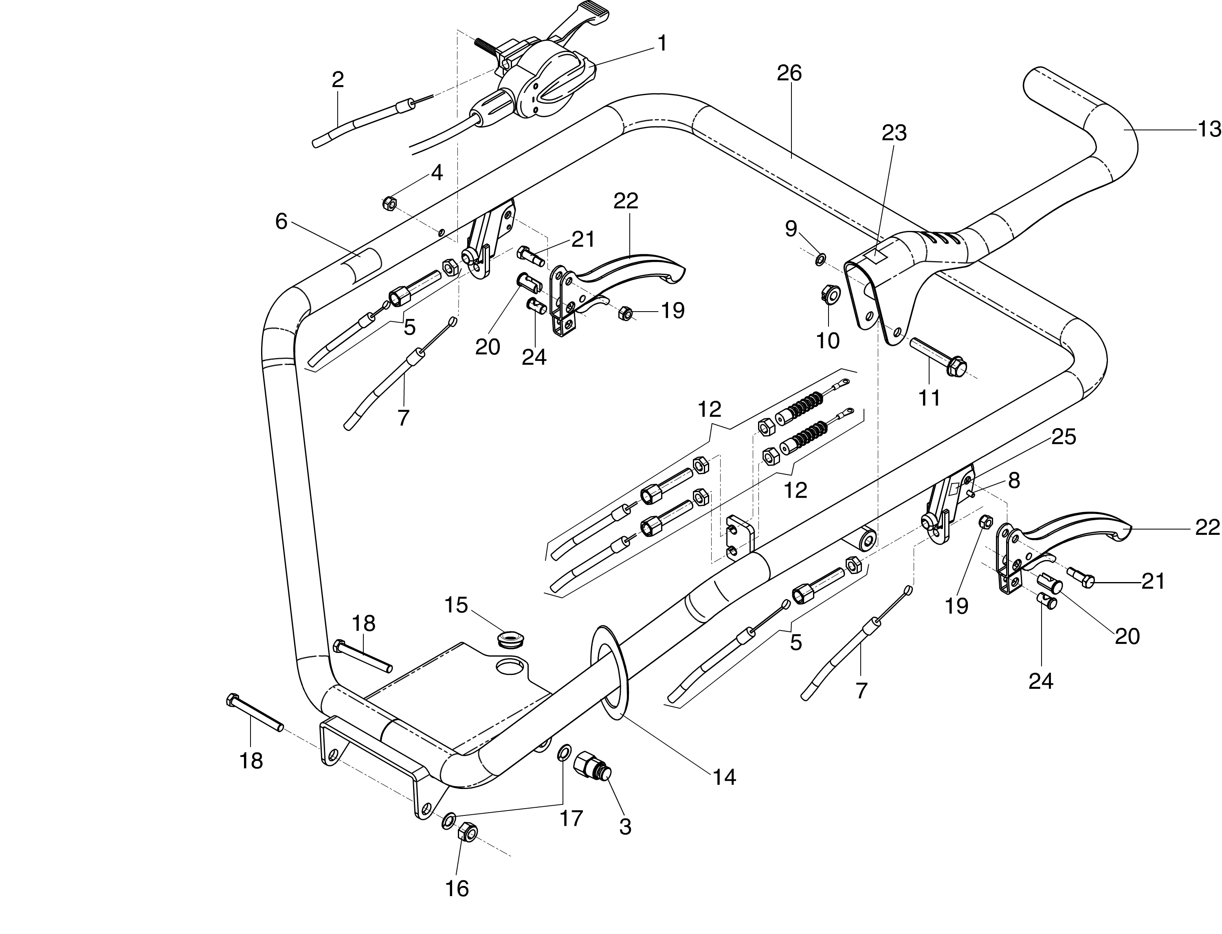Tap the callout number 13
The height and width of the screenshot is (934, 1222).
coord(1209,130)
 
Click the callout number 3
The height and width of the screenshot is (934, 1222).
coord(625,827)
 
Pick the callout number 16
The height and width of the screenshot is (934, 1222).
coord(457,889)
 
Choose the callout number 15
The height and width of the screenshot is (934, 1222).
coord(456,605)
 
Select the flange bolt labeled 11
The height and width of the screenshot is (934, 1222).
coord(940,356)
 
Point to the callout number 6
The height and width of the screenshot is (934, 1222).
coord(281,222)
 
